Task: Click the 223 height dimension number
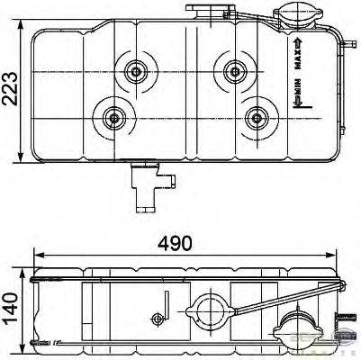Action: (11, 87)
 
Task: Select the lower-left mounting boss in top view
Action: (114, 115)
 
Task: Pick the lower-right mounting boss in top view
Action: (257, 115)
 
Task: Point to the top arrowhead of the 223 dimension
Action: (21, 31)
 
